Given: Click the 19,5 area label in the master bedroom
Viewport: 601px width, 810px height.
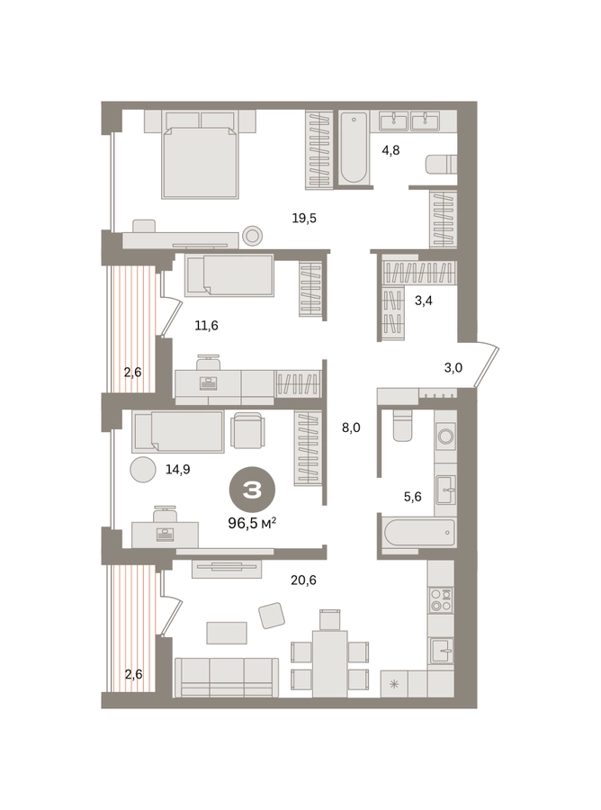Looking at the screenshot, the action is (x=304, y=219).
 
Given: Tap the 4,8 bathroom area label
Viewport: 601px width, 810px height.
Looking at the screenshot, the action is (x=390, y=151).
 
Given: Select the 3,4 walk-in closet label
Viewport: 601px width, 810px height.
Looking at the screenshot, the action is (x=424, y=301).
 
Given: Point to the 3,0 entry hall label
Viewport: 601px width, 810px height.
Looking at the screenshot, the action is (x=453, y=368).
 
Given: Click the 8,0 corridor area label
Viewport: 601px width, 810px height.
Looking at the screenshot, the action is (x=351, y=427).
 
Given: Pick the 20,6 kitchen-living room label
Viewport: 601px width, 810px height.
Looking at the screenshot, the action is (x=303, y=580).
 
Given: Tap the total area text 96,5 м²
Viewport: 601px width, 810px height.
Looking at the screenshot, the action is (x=252, y=524).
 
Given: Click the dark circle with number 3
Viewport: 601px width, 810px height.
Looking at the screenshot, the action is (x=252, y=490).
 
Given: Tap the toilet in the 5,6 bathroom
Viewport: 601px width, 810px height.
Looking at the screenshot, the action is (x=403, y=425).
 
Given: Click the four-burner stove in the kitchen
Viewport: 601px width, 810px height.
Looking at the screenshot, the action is (x=441, y=599).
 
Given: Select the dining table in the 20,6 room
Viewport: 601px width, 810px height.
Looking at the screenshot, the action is (x=329, y=663).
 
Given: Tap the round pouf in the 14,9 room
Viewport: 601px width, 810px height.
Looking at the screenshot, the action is (x=143, y=470).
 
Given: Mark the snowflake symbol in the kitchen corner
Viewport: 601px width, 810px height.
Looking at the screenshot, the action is (x=394, y=685).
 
